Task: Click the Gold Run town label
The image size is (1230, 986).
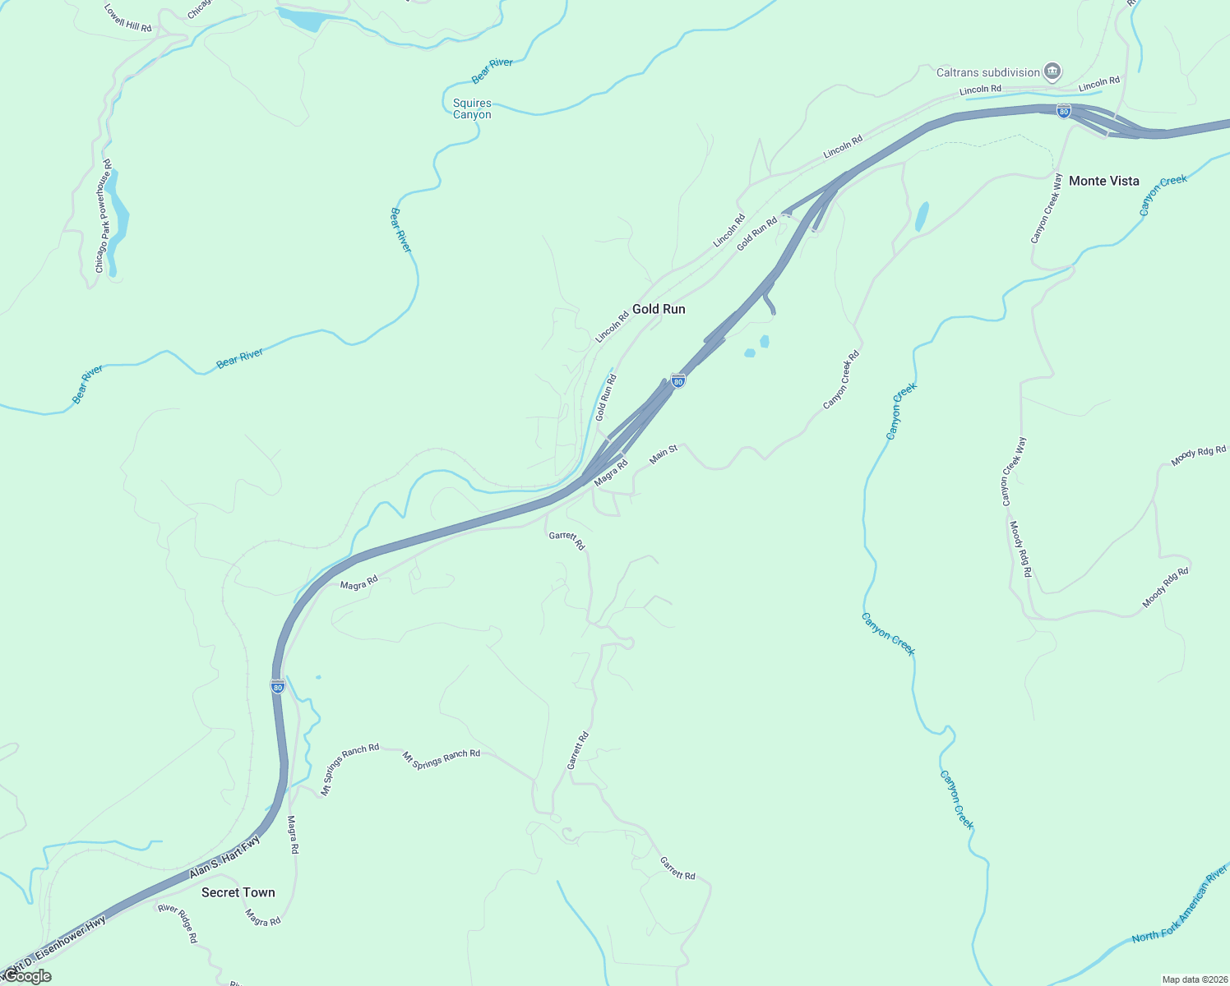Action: [x=659, y=309]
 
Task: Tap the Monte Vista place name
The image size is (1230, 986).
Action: [x=1103, y=181]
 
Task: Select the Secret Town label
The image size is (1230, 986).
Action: [x=238, y=892]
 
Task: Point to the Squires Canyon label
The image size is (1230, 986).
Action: [x=472, y=108]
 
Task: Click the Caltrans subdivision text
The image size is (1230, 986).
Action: [x=987, y=72]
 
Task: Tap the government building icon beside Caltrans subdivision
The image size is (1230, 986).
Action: [x=1052, y=71]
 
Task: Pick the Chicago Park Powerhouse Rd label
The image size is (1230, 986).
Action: [x=103, y=217]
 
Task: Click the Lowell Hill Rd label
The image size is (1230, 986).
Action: [x=128, y=18]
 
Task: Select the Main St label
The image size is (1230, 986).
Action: [x=663, y=454]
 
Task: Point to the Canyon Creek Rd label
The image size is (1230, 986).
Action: [x=841, y=380]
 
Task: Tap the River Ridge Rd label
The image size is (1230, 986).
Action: [x=178, y=923]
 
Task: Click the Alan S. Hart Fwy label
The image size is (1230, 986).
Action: [x=224, y=857]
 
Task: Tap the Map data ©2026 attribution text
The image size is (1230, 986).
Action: [x=1194, y=979]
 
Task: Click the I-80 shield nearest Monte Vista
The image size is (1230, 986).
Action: [x=1064, y=111]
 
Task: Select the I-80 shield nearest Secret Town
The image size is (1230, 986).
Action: [x=278, y=686]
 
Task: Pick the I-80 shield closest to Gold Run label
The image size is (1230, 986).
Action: [x=677, y=380]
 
